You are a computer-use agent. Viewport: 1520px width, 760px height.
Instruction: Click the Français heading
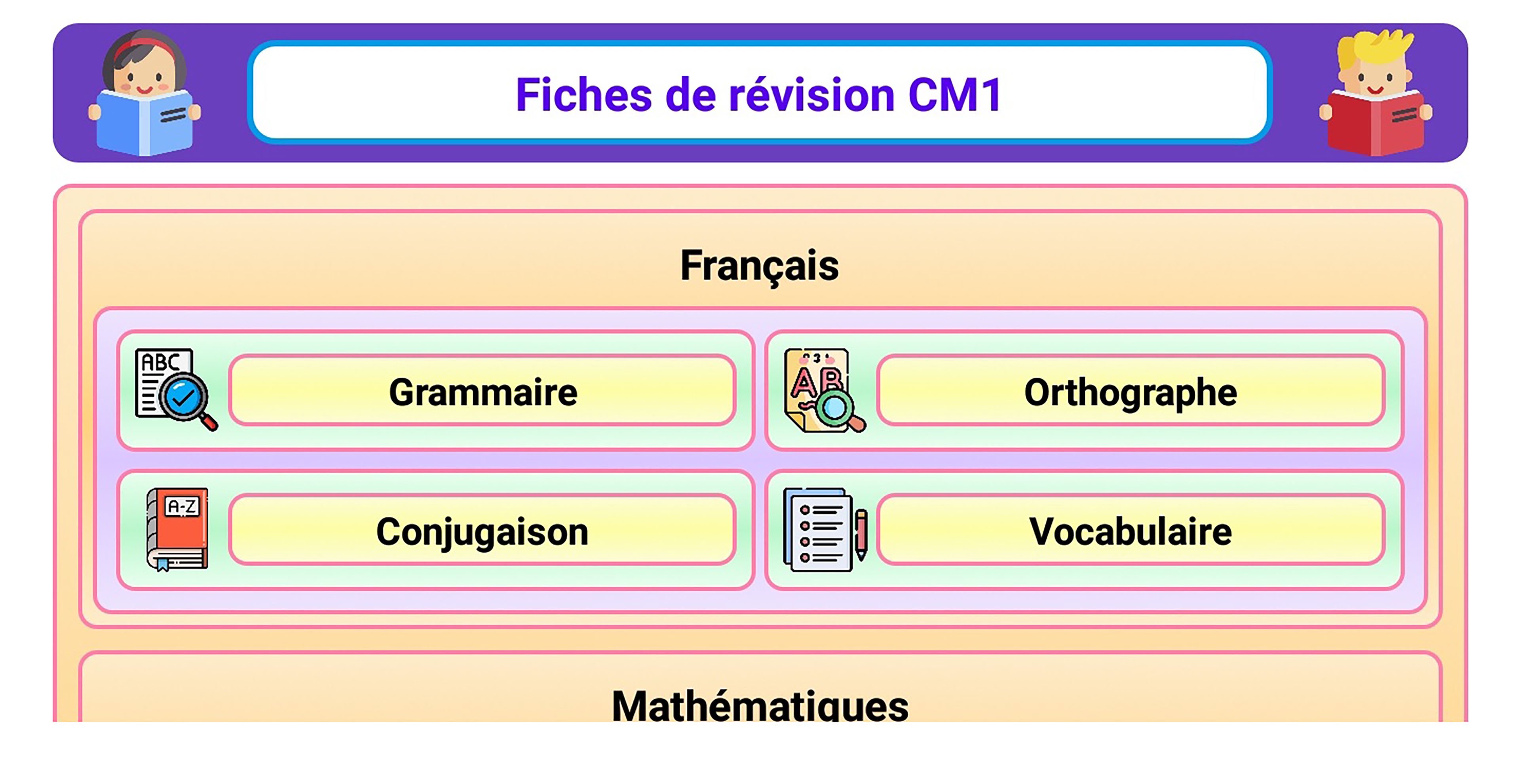760,266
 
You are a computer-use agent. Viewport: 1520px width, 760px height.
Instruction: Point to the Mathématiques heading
760,705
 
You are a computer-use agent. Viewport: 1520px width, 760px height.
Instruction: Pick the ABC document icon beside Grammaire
176,389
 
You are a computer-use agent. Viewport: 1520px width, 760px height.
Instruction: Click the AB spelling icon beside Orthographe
824,390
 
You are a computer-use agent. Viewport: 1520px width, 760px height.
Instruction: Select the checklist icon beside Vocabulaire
824,529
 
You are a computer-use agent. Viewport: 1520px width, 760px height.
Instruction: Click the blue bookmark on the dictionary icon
163,565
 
